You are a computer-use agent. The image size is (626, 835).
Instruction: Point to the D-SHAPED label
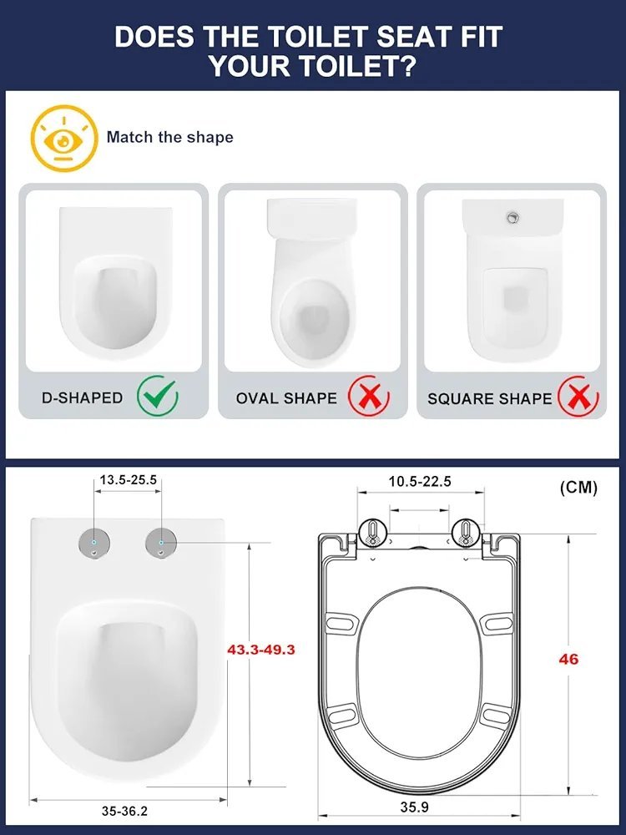82,398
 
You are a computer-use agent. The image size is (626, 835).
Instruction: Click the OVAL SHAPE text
286,398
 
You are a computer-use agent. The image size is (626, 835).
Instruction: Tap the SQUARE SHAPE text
490,398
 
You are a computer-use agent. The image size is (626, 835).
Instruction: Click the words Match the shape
169,137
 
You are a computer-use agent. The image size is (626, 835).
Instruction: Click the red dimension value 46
568,659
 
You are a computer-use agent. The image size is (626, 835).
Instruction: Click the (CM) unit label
578,488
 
